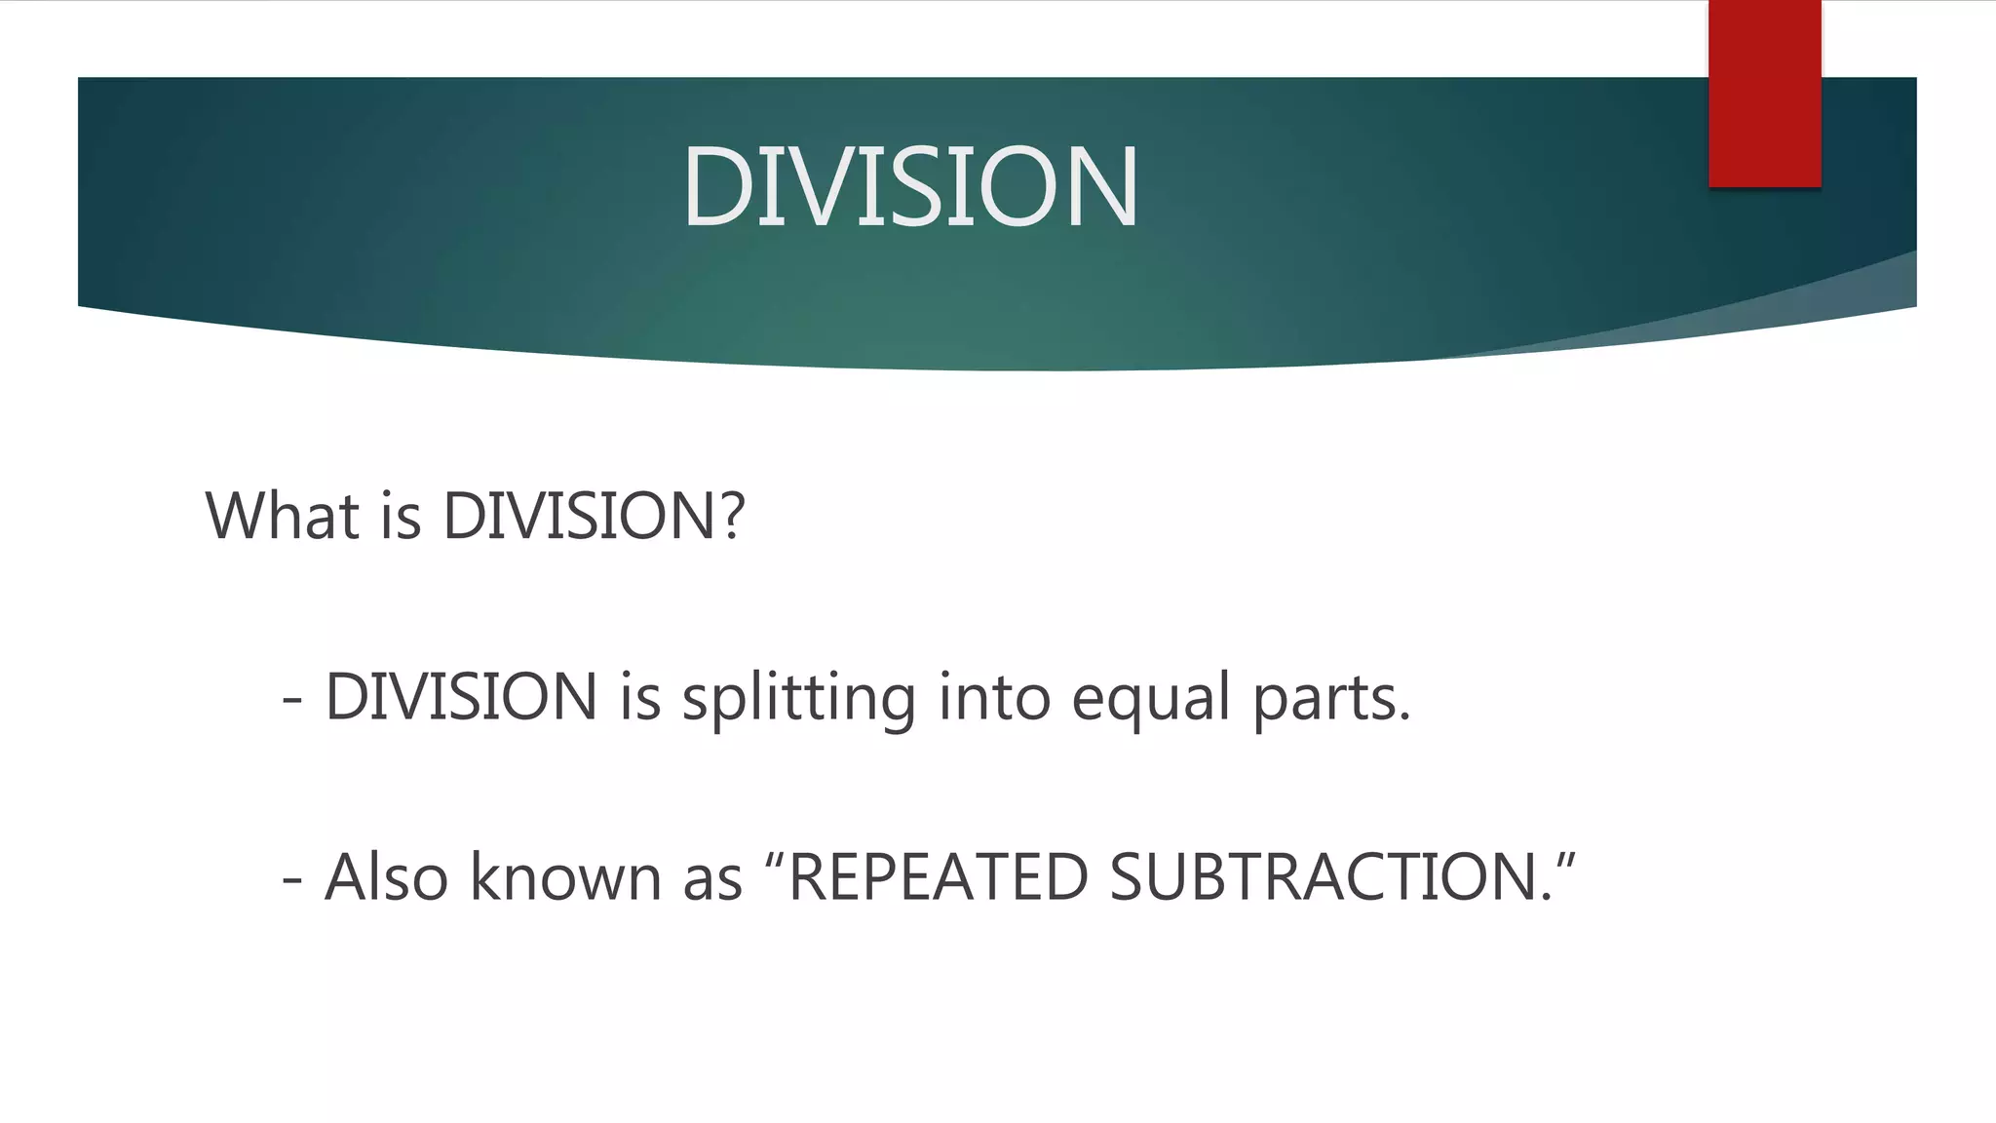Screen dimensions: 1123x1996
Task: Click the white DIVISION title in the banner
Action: pos(910,185)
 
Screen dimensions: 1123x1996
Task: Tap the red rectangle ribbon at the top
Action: pos(1764,94)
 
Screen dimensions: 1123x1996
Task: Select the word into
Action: pos(994,698)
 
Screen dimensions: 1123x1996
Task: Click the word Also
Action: pos(386,877)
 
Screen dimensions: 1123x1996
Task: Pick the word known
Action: pos(565,877)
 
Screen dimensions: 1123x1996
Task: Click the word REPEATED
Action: pos(938,877)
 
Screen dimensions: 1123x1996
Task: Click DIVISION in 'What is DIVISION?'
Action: pos(579,516)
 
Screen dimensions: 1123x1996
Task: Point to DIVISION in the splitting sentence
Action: pos(461,698)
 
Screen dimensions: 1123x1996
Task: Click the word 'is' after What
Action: pos(401,516)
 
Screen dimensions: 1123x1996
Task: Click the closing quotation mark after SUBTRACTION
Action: pos(1565,858)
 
